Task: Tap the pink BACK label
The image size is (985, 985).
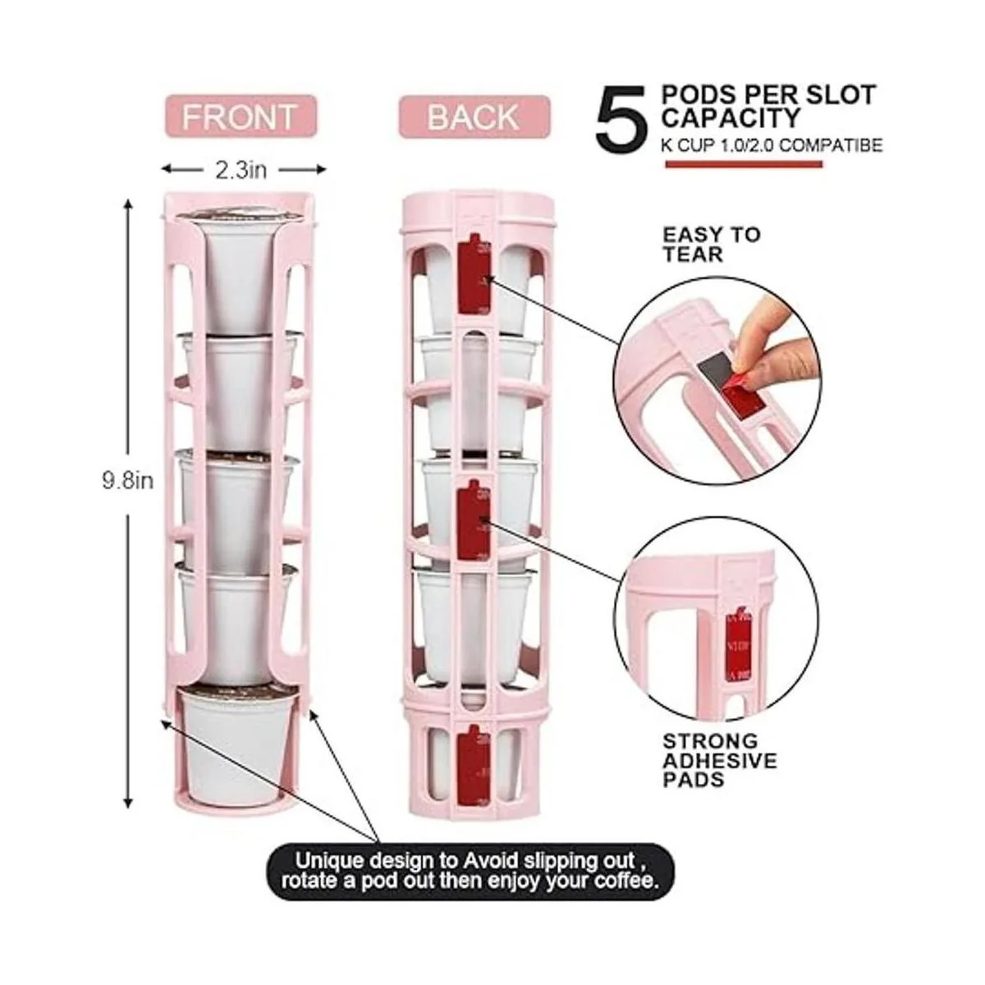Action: point(474,117)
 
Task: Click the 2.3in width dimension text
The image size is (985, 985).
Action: point(241,170)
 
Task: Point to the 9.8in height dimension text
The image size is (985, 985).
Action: point(128,481)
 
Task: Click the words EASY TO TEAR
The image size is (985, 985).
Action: point(712,245)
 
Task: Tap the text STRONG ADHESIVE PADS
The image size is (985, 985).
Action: point(720,761)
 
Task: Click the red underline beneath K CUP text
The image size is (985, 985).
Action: point(744,164)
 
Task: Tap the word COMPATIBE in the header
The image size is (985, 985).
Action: point(832,145)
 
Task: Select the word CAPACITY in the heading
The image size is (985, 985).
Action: point(731,118)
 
